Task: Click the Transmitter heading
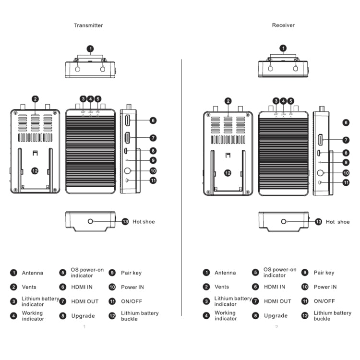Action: (88, 25)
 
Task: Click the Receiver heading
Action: (283, 25)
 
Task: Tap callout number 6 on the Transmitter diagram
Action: (153, 120)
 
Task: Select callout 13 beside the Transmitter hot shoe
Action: (125, 221)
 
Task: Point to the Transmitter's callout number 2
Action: (35, 99)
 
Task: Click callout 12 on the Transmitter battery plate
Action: (35, 170)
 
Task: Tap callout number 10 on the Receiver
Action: (346, 173)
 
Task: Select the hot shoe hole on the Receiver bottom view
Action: (284, 221)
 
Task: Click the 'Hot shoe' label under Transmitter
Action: (144, 222)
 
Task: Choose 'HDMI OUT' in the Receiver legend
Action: (277, 301)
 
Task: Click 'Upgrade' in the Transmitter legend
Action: (83, 316)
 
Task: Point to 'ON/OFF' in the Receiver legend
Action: (324, 301)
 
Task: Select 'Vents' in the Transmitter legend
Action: (29, 287)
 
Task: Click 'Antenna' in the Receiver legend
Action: (225, 273)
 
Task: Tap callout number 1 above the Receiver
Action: (283, 48)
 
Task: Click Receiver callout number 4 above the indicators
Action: (283, 101)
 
